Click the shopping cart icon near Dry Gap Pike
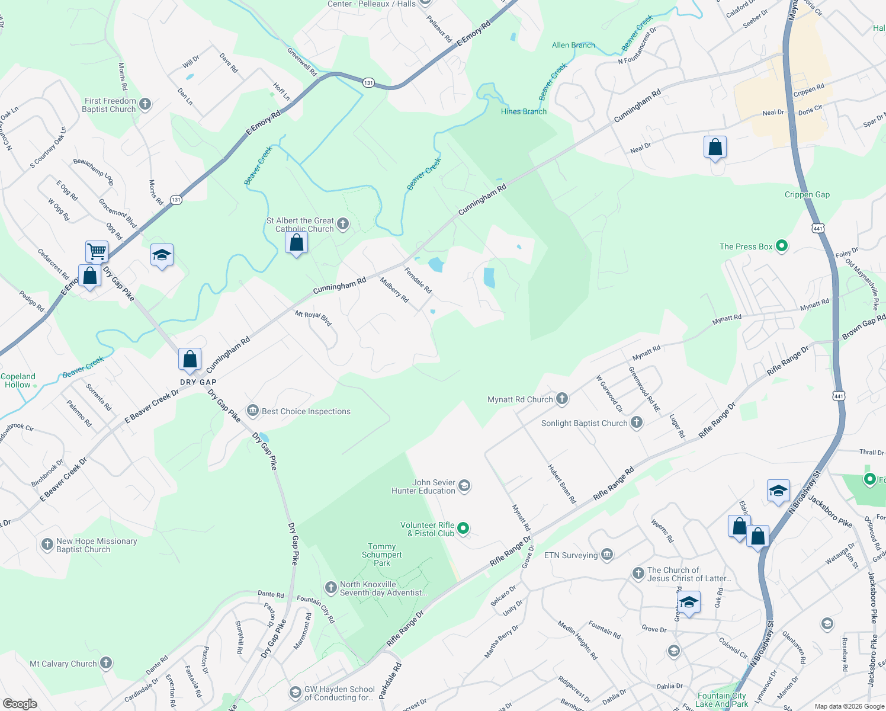point(97,251)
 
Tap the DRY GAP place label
point(198,382)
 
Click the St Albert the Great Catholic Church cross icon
point(342,224)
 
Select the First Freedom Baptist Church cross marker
point(145,105)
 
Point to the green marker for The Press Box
point(781,246)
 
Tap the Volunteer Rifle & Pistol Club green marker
point(463,528)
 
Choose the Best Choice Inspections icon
point(253,411)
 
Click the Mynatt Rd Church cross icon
point(561,399)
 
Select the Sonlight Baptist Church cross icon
point(636,422)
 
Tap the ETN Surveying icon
point(606,555)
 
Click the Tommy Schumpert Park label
point(381,555)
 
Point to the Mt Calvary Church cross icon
point(106,663)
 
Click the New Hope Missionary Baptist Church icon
point(47,545)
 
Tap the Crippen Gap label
point(807,194)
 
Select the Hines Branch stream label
point(524,111)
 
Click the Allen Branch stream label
point(573,45)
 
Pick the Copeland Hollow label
point(18,380)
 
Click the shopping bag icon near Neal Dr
point(715,148)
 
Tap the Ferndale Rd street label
point(418,280)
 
